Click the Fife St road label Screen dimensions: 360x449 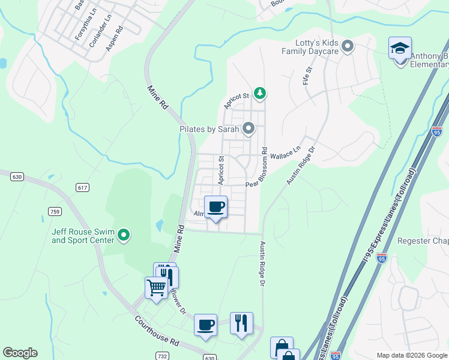click(307, 76)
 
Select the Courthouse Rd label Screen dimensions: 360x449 click(157, 332)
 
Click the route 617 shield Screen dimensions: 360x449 click(82, 188)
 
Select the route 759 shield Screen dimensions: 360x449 click(55, 211)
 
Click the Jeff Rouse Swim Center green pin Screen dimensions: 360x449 click(124, 235)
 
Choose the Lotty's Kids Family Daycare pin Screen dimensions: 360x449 click(347, 46)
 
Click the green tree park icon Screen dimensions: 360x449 click(260, 93)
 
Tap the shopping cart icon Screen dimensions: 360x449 click(156, 287)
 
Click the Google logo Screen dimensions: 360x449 click(20, 353)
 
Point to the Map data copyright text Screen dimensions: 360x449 click(411, 355)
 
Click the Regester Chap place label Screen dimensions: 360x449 click(423, 241)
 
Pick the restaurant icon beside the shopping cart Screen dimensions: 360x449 click(167, 277)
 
